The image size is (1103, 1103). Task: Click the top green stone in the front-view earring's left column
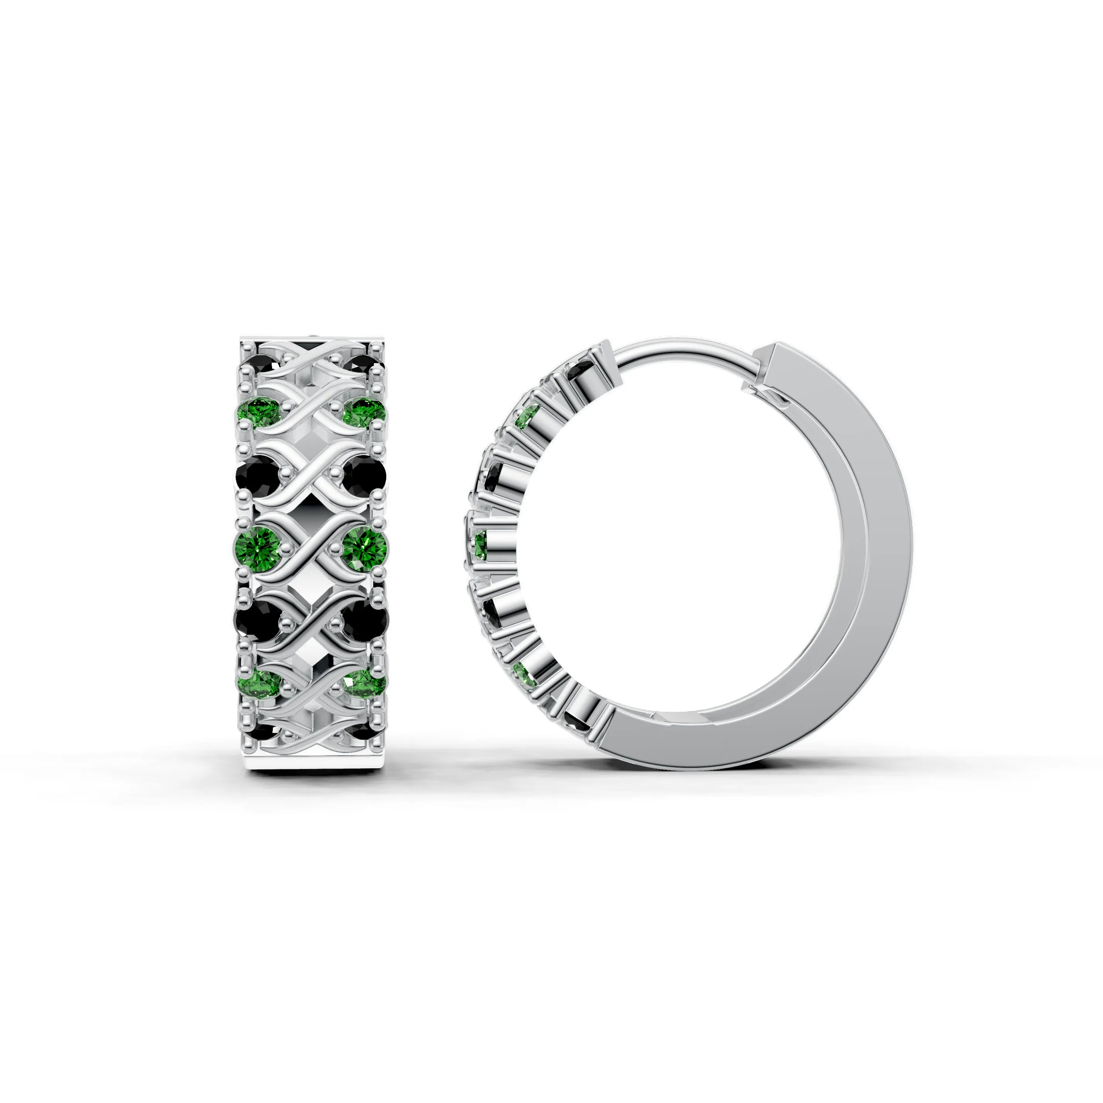coord(257,412)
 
